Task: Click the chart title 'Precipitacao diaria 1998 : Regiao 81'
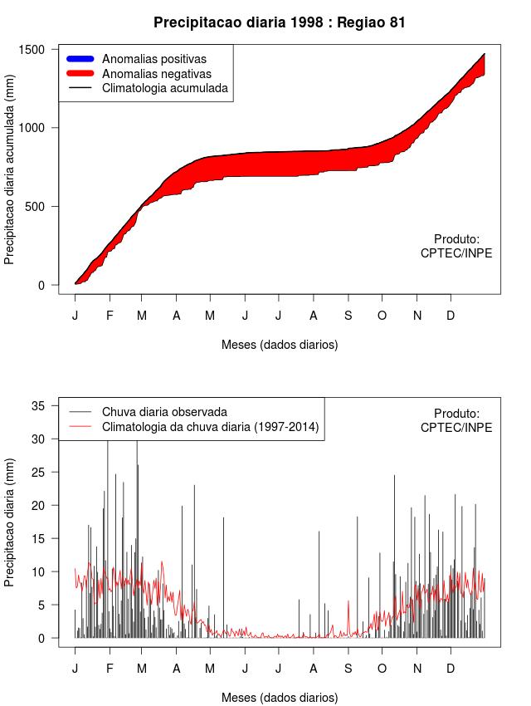click(280, 22)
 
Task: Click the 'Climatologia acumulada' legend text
click(164, 87)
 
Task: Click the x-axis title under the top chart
click(280, 344)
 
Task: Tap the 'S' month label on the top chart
click(348, 316)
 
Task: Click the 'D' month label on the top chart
click(451, 316)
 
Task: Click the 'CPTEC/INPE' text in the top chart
click(456, 252)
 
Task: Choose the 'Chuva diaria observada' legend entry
click(164, 412)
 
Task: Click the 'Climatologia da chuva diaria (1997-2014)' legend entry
click(210, 427)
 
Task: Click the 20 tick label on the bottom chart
click(37, 506)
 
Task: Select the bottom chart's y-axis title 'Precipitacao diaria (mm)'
click(10, 522)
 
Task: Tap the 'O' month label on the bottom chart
click(382, 669)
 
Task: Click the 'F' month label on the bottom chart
click(109, 669)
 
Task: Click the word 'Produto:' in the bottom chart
click(456, 413)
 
